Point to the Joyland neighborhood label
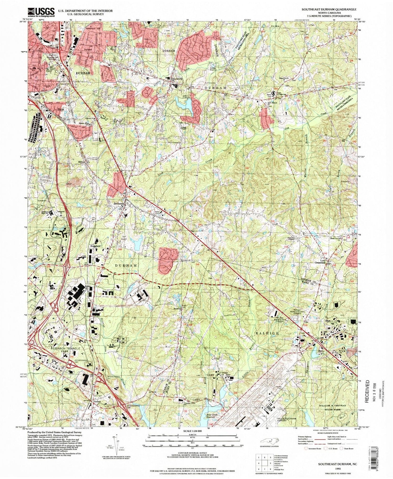(88, 49)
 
